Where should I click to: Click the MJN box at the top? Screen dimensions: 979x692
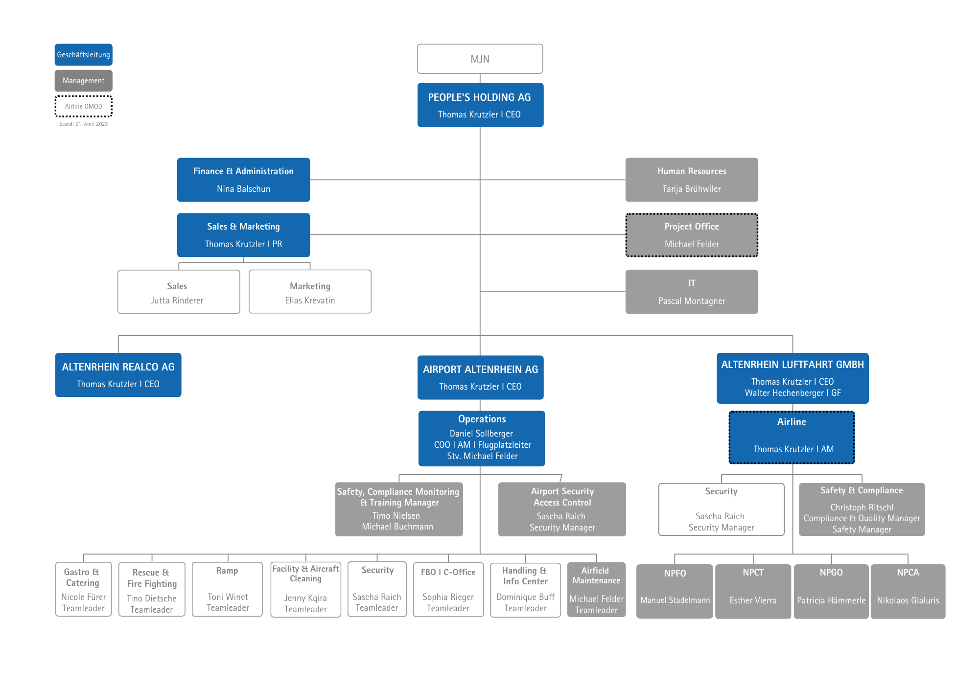click(x=480, y=59)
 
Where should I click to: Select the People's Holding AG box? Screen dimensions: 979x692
click(x=480, y=105)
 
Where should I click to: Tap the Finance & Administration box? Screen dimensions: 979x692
click(x=243, y=180)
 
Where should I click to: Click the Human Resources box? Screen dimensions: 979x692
click(x=692, y=180)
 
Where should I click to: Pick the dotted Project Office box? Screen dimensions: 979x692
click(x=692, y=235)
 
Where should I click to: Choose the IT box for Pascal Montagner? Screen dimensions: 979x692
click(x=692, y=292)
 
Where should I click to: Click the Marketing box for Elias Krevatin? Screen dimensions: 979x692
click(x=310, y=292)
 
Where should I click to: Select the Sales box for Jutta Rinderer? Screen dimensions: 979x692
click(x=179, y=292)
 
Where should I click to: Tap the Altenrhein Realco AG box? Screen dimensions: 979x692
click(x=118, y=375)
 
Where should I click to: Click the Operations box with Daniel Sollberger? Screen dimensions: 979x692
click(x=482, y=438)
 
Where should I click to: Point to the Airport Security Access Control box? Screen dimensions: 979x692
click(x=562, y=509)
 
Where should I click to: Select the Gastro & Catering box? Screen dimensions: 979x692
click(x=83, y=589)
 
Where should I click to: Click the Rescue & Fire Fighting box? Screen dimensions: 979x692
click(x=152, y=589)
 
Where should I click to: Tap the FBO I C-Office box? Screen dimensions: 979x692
click(x=448, y=589)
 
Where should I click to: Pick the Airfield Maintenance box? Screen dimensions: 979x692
click(x=597, y=590)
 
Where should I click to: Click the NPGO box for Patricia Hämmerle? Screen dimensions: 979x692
click(x=831, y=591)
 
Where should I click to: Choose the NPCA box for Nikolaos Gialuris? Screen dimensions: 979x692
click(x=908, y=591)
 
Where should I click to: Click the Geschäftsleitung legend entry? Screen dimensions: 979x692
click(x=84, y=55)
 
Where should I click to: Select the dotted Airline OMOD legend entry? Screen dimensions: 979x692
click(x=84, y=106)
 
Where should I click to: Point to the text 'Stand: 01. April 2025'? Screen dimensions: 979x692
click(x=84, y=124)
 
